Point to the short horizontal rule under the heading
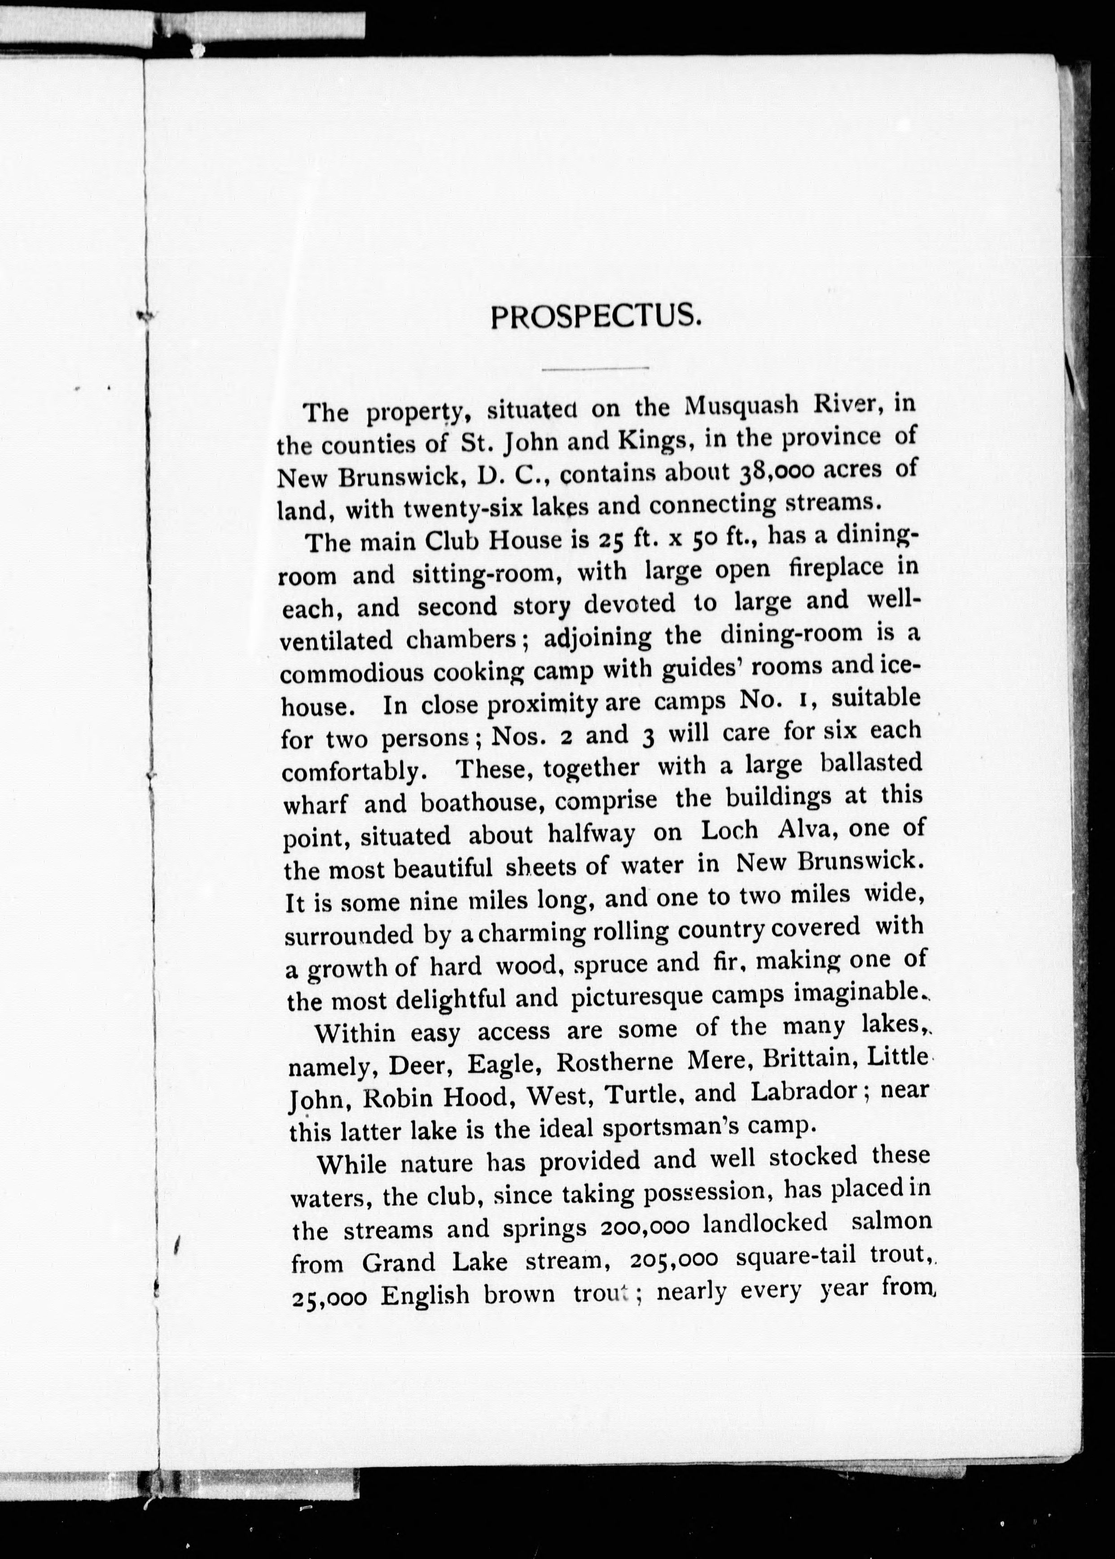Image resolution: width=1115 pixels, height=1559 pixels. point(595,369)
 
